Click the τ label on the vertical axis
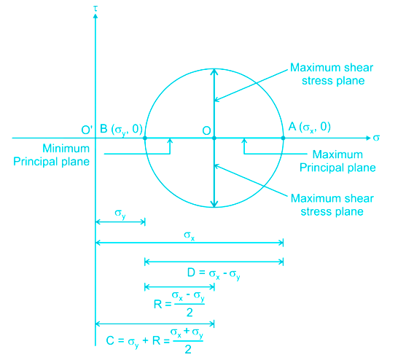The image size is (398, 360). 95,9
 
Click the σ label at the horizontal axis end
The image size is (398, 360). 376,138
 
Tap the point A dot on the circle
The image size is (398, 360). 283,138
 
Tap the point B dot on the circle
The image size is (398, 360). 145,138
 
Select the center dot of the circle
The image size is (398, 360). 214,138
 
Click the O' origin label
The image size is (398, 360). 87,130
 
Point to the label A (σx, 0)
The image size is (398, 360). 309,127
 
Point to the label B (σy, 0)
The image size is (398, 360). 121,130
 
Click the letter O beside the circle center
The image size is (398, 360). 206,130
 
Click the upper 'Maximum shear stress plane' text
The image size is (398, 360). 332,74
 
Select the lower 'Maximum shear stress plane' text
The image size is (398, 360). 332,205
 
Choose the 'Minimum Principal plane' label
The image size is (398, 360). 52,155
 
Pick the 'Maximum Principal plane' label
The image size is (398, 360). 337,161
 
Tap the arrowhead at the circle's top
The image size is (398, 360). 214,71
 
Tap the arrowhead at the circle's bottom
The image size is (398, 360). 214,204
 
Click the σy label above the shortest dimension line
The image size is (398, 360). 120,214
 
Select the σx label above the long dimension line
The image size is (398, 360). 190,235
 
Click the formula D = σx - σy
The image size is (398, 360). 214,274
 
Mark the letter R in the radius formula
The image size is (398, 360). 157,304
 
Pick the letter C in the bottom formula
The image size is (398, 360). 110,340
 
